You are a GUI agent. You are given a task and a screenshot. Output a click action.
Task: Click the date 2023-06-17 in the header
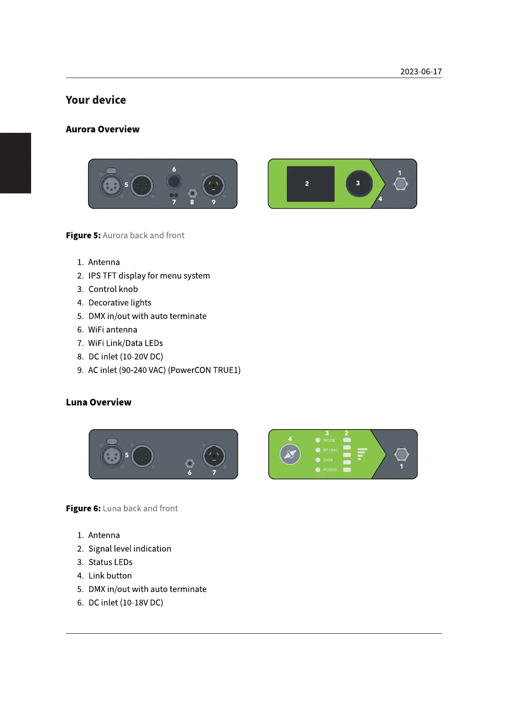(x=420, y=72)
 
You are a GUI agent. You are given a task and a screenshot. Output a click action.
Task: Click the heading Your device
(x=96, y=100)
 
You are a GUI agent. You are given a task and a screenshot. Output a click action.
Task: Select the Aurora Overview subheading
(x=102, y=129)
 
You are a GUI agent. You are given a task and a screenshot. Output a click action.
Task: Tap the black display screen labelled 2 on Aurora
(x=311, y=184)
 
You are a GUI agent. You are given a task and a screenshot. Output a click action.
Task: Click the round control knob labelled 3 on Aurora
(x=359, y=183)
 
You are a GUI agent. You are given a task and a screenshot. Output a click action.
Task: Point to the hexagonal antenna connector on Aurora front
(x=400, y=184)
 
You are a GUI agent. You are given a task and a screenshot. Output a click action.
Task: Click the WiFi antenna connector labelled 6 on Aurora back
(x=174, y=181)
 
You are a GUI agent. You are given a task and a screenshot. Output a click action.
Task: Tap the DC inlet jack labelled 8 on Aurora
(x=192, y=193)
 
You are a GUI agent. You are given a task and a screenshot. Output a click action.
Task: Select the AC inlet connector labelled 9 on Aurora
(x=214, y=186)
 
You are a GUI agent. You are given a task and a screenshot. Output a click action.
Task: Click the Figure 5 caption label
(x=83, y=235)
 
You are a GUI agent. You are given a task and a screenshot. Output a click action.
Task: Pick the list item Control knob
(x=113, y=289)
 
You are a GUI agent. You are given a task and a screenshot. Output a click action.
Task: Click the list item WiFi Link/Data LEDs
(x=125, y=343)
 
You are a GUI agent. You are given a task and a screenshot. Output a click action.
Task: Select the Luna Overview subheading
(x=99, y=402)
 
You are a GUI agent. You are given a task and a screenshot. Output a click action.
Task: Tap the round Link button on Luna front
(x=290, y=454)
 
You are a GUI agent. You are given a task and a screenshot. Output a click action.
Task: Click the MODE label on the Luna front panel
(x=329, y=440)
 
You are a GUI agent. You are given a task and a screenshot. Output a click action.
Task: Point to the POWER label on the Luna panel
(x=330, y=470)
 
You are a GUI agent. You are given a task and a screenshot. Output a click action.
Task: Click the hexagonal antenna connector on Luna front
(x=401, y=454)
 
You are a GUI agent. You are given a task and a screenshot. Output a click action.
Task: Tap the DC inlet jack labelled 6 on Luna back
(x=190, y=464)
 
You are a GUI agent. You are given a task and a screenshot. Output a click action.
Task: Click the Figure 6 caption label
(x=83, y=508)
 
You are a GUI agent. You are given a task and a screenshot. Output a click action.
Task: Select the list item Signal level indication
(x=129, y=549)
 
